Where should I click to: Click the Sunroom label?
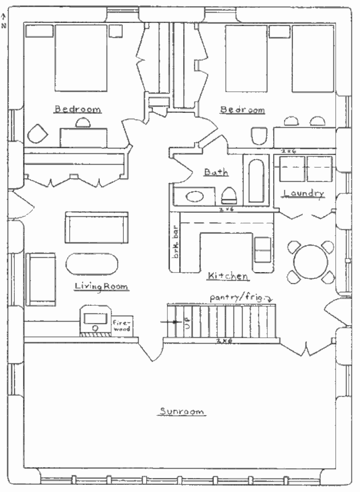pyautogui.click(x=182, y=411)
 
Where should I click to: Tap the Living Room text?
pyautogui.click(x=101, y=286)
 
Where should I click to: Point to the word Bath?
pyautogui.click(x=216, y=172)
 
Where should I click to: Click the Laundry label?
pyautogui.click(x=304, y=193)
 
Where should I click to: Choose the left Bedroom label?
pyautogui.click(x=78, y=109)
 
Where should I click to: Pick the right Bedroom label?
pyautogui.click(x=242, y=110)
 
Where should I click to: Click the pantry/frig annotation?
pyautogui.click(x=242, y=298)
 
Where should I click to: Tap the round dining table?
pyautogui.click(x=311, y=262)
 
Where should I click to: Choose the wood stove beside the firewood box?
pyautogui.click(x=95, y=320)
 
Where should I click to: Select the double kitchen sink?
pyautogui.click(x=262, y=249)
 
